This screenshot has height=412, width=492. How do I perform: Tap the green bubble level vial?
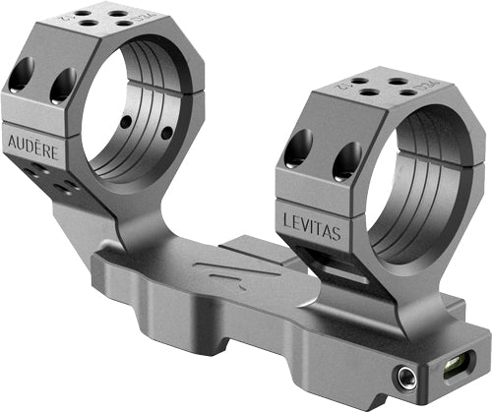tap(460, 371)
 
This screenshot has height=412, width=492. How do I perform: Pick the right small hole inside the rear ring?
tap(166, 132)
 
